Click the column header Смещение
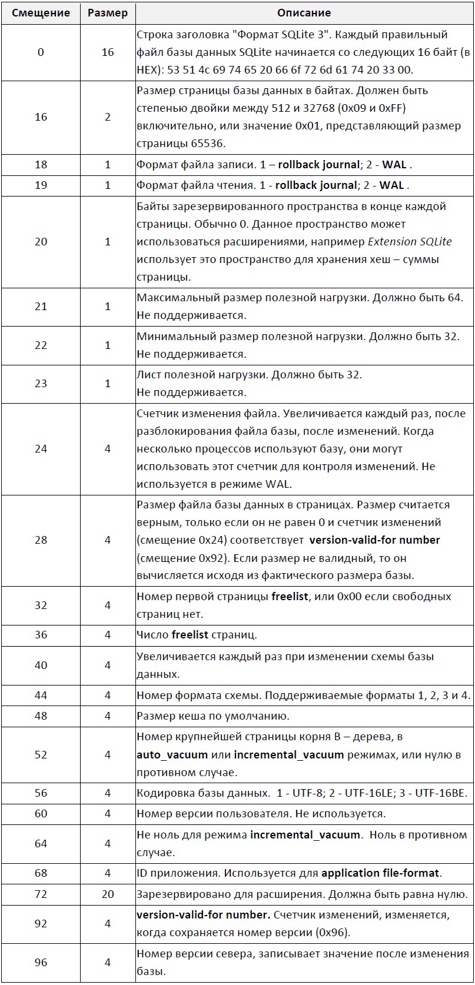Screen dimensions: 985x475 click(41, 13)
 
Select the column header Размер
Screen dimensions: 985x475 click(107, 13)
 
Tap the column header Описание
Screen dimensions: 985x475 click(304, 13)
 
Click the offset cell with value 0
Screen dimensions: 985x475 click(41, 52)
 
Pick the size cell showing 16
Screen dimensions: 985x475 click(107, 52)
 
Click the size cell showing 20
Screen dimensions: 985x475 click(107, 894)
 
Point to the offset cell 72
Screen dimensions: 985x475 click(41, 894)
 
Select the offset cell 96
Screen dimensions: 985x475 click(41, 963)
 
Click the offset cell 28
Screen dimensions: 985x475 click(41, 540)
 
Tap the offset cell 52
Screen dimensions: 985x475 click(41, 755)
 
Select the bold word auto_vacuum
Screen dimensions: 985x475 click(172, 755)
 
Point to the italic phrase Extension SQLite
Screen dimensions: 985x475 click(410, 242)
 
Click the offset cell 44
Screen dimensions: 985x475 click(41, 696)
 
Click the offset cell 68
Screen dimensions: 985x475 click(41, 873)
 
